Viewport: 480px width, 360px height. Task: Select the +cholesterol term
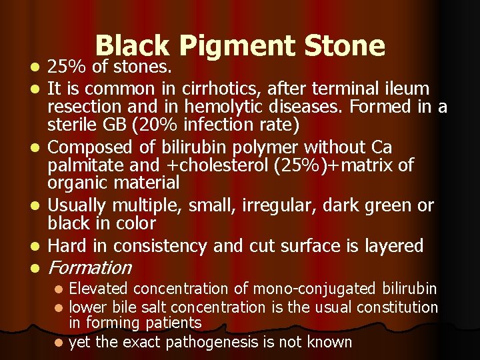pyautogui.click(x=209, y=165)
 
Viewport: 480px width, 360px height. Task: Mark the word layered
pyautogui.click(x=393, y=246)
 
